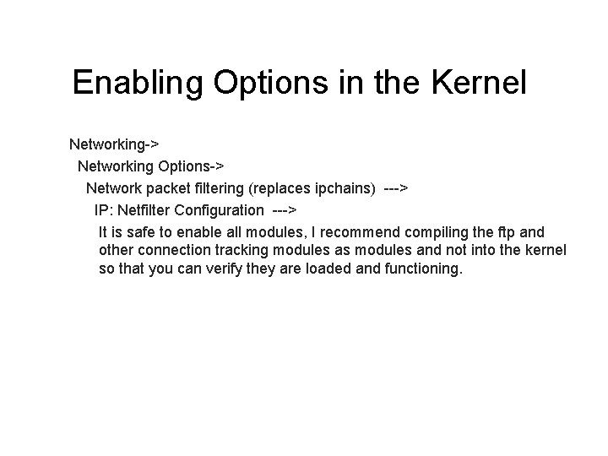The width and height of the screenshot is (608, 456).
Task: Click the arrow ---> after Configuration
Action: (285, 209)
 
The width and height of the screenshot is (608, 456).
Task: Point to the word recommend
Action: (369, 231)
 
